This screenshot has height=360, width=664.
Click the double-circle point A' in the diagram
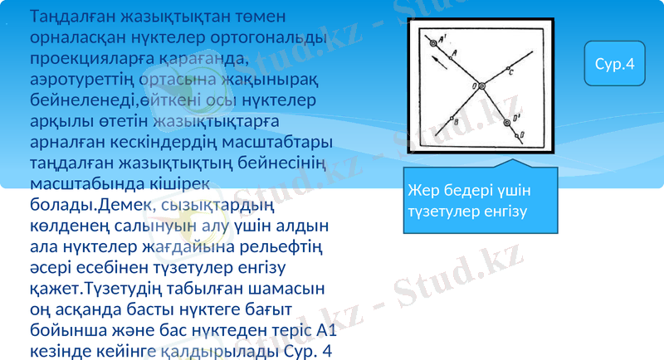pos(432,41)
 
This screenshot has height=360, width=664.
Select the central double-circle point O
pos(481,84)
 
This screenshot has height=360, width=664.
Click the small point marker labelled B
pos(450,119)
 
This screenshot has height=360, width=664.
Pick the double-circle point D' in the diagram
pos(507,124)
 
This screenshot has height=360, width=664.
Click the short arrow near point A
pos(437,64)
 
